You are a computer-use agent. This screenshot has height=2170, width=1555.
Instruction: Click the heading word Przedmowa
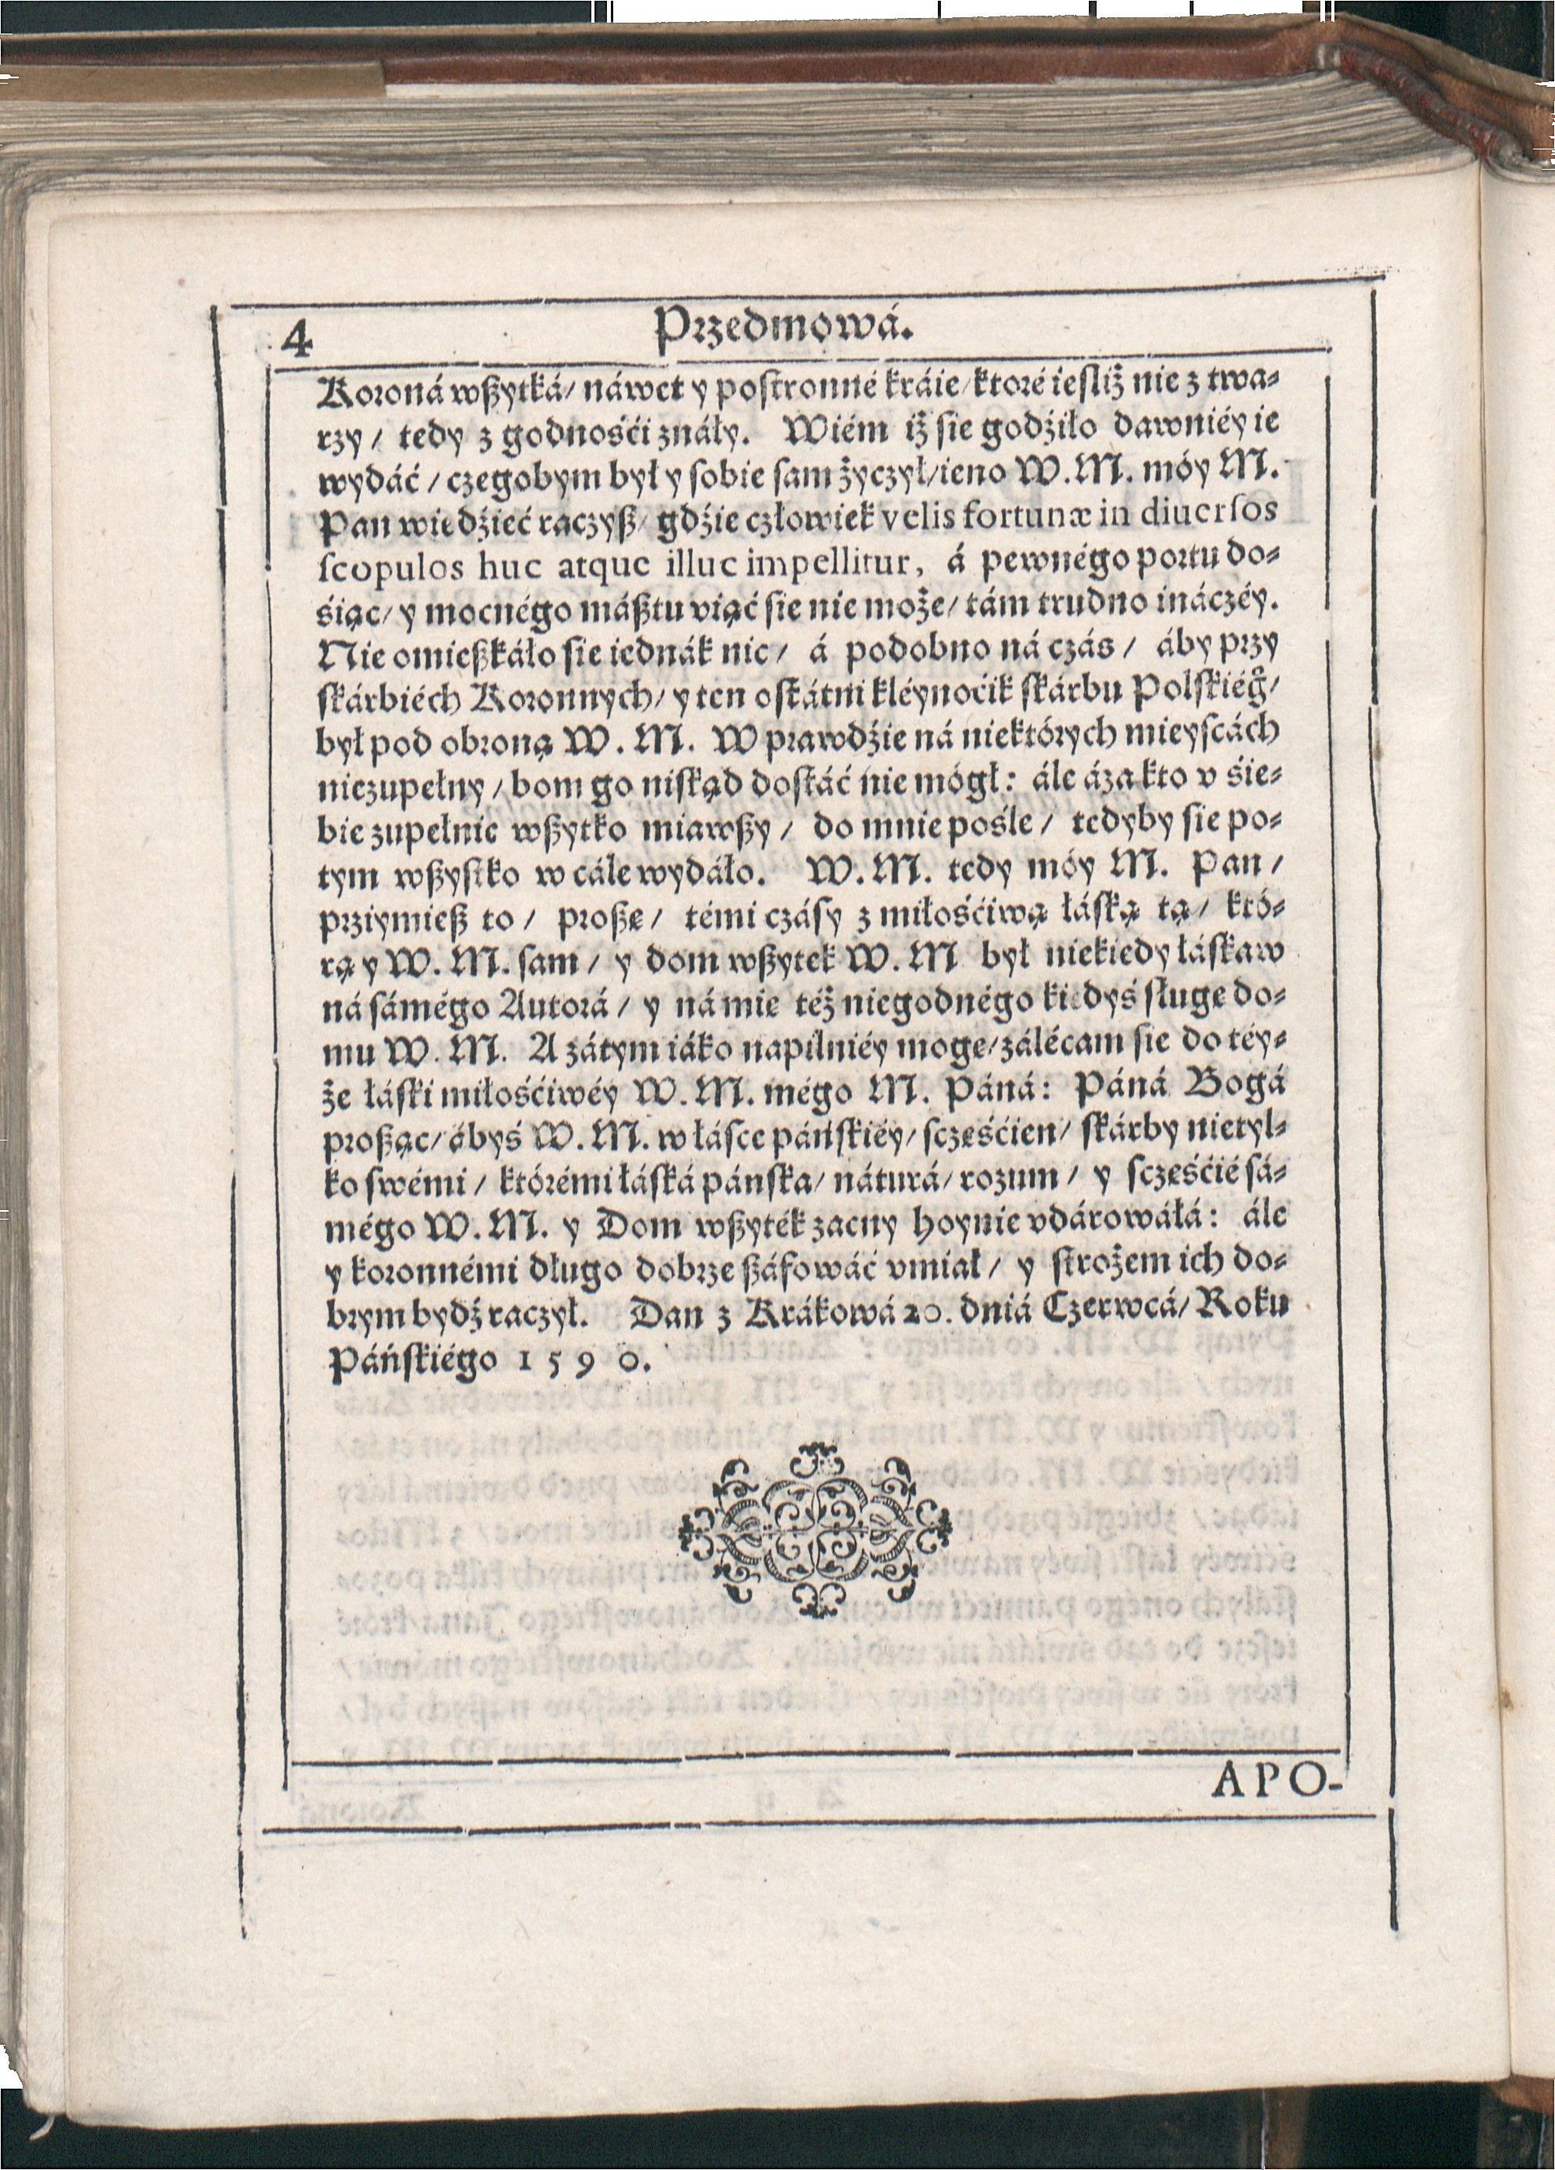tap(783, 334)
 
